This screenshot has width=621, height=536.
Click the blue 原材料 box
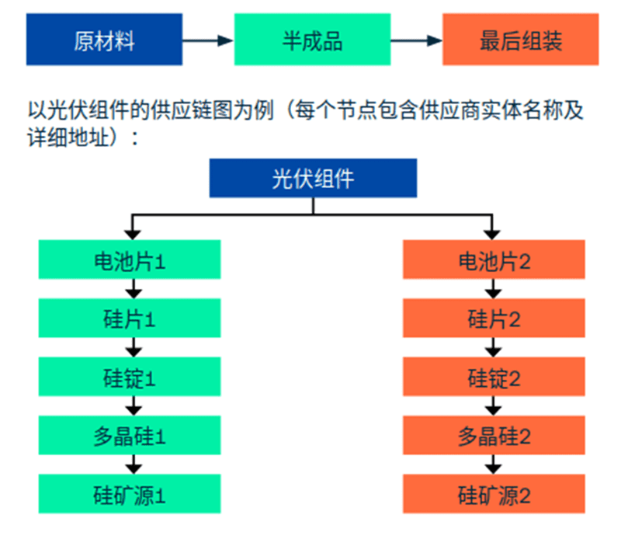click(104, 39)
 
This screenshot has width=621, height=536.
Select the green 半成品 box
click(312, 39)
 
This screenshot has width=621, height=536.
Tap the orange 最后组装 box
click(520, 39)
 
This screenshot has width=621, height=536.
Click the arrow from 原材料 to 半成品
click(208, 40)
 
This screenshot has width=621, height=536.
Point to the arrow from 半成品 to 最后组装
click(416, 40)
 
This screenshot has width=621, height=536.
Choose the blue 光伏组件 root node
click(313, 178)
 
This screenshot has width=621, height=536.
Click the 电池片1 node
click(130, 259)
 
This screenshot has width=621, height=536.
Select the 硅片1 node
click(130, 318)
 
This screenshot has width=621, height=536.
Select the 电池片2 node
click(494, 259)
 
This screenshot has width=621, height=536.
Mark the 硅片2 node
click(494, 318)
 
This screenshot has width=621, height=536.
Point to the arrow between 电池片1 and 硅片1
click(134, 288)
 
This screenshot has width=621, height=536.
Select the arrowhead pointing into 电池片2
click(491, 232)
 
